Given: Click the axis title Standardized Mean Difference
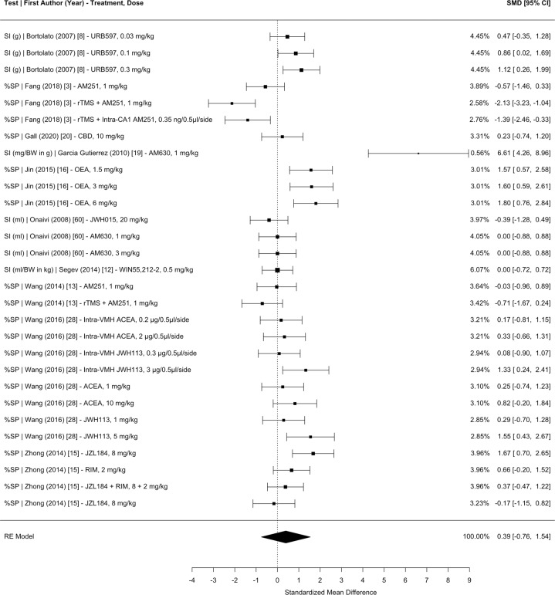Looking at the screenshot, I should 330,591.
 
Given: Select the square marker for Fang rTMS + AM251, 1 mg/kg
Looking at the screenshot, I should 232,103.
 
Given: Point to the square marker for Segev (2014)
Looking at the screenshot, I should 277,270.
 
